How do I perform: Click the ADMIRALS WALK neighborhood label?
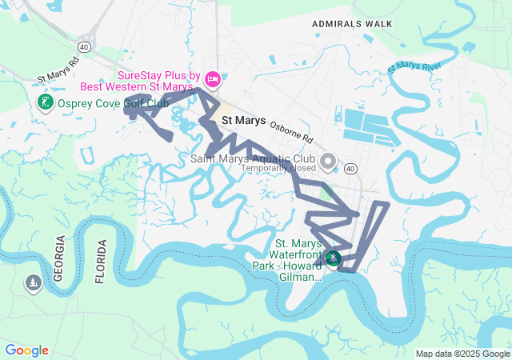(353, 24)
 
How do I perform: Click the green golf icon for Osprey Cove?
(44, 102)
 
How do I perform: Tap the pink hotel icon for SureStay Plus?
(212, 78)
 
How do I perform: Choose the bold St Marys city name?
(243, 120)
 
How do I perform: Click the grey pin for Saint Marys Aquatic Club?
(327, 162)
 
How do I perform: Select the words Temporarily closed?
(278, 169)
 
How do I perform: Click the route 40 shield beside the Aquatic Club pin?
(350, 168)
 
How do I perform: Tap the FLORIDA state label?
(100, 262)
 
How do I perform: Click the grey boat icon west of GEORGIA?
(33, 282)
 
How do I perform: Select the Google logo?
(26, 350)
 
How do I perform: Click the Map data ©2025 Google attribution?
(462, 354)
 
